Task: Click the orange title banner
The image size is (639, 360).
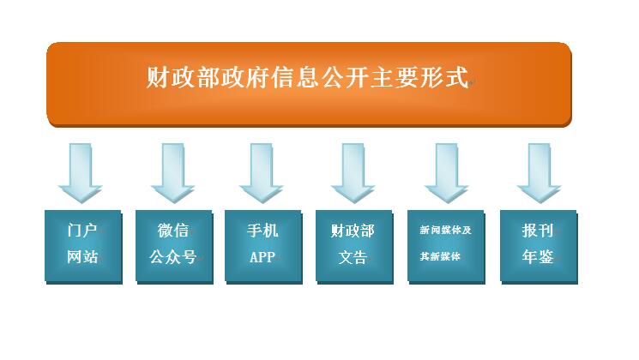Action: coord(309,84)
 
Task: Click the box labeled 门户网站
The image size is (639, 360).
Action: coord(83,247)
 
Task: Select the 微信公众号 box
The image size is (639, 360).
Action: coord(174,247)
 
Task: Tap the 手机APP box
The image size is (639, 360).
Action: coord(263,247)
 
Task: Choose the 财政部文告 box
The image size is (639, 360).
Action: coord(354,247)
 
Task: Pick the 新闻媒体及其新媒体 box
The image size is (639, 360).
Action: coord(446,247)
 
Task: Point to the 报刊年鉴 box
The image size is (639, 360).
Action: coord(539,247)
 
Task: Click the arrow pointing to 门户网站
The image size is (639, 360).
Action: coord(81,173)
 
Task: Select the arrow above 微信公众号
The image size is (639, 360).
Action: coord(172,173)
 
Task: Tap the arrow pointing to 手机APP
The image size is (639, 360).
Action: coord(262,173)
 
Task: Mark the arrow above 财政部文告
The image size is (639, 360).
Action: coord(353,173)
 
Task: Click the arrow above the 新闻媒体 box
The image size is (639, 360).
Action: coord(447,173)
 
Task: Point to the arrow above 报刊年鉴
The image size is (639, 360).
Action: coord(540,173)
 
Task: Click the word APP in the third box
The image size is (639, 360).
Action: coord(262,257)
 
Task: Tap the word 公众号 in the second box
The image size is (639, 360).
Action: coord(172,257)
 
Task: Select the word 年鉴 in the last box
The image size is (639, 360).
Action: coord(538,257)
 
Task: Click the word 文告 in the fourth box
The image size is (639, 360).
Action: coord(353,257)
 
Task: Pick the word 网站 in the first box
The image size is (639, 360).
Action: coord(82,257)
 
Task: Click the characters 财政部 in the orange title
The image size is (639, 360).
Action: coord(184,77)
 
